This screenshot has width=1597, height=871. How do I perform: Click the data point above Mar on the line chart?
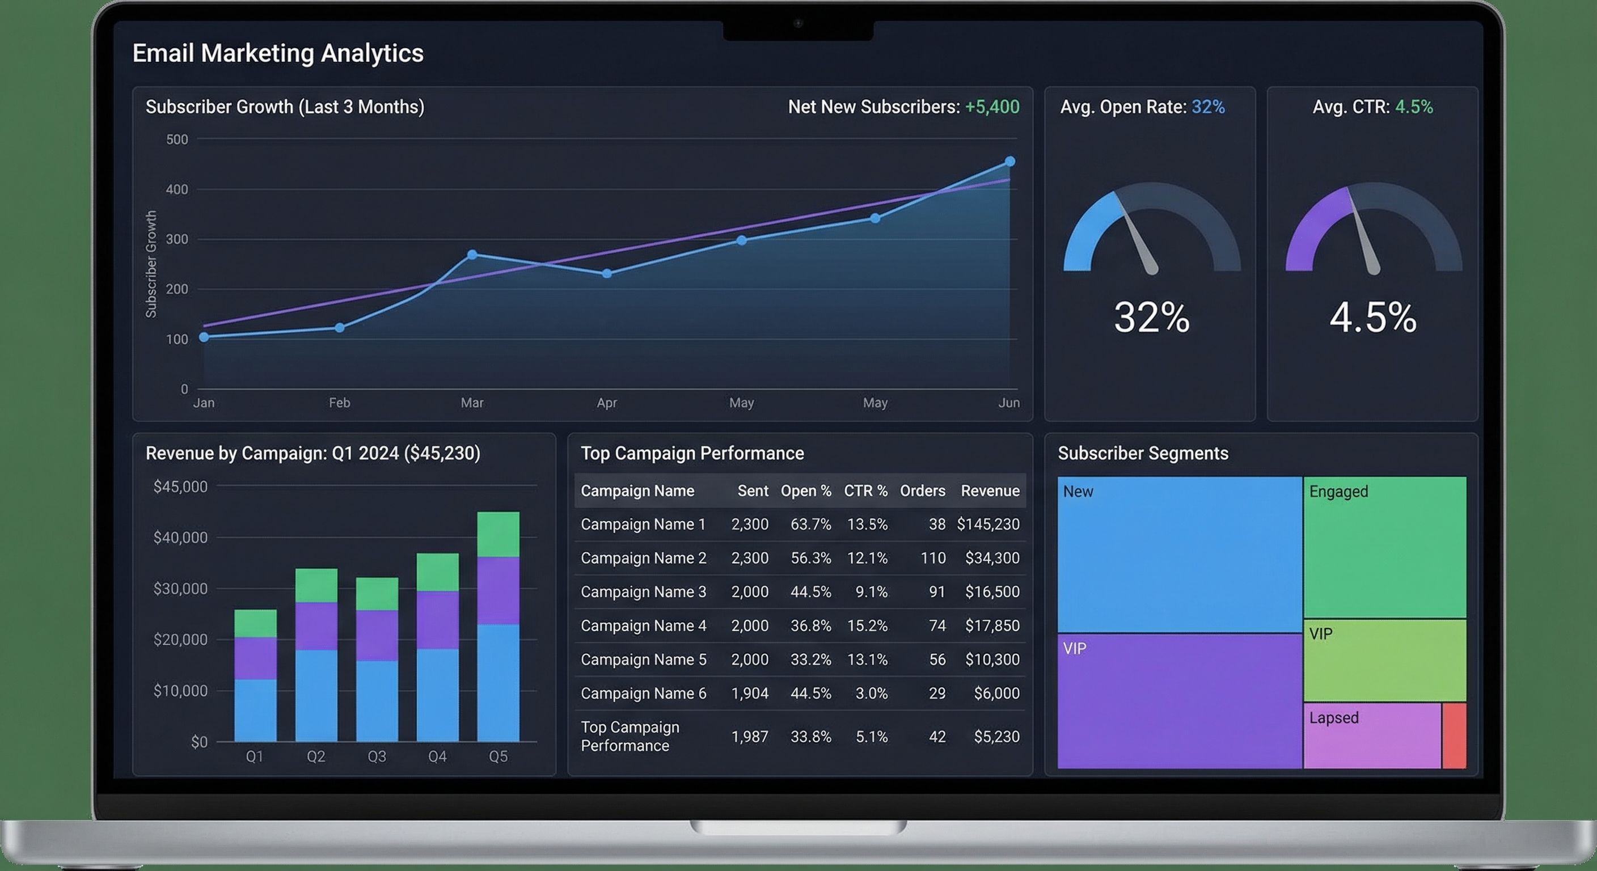472,255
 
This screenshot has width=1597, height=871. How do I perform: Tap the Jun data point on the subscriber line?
1010,162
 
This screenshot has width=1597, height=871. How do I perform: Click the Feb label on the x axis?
340,403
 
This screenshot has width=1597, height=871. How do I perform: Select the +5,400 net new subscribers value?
992,107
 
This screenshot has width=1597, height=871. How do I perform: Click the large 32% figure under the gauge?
1151,318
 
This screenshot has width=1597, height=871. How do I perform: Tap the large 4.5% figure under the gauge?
1372,318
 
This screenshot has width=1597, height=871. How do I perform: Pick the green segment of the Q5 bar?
498,534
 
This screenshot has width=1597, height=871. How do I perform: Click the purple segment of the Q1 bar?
255,658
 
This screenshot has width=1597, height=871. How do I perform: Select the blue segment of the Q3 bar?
377,700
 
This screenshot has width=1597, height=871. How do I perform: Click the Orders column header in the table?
923,491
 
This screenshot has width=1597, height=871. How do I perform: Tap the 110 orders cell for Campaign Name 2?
933,559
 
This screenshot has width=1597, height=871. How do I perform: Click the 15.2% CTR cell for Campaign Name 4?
867,626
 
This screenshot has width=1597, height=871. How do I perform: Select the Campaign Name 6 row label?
643,694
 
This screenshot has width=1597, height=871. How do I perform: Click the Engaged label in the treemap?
1338,492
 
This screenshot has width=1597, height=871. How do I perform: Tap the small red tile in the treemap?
1454,735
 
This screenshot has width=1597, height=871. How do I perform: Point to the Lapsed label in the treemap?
1333,718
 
